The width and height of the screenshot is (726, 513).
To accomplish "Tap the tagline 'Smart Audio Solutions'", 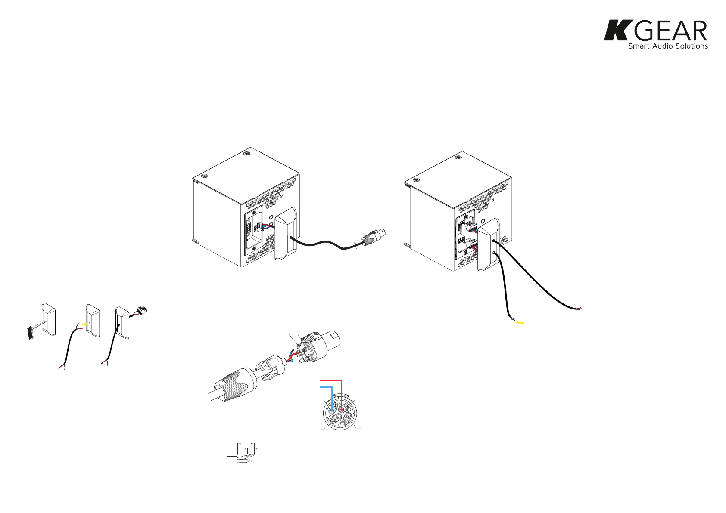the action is pyautogui.click(x=668, y=46).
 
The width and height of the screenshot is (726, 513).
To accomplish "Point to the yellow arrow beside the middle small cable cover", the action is pyautogui.click(x=84, y=323).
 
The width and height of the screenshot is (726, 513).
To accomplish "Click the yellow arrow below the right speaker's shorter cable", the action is pyautogui.click(x=520, y=323).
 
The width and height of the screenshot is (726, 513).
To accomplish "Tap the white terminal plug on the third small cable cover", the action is pyautogui.click(x=140, y=309).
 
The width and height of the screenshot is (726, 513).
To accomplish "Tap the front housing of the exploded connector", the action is pyautogui.click(x=320, y=343).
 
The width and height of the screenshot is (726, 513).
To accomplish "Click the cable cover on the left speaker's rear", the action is pyautogui.click(x=286, y=234).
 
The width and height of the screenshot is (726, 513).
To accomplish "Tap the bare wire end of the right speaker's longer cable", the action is pyautogui.click(x=579, y=309).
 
